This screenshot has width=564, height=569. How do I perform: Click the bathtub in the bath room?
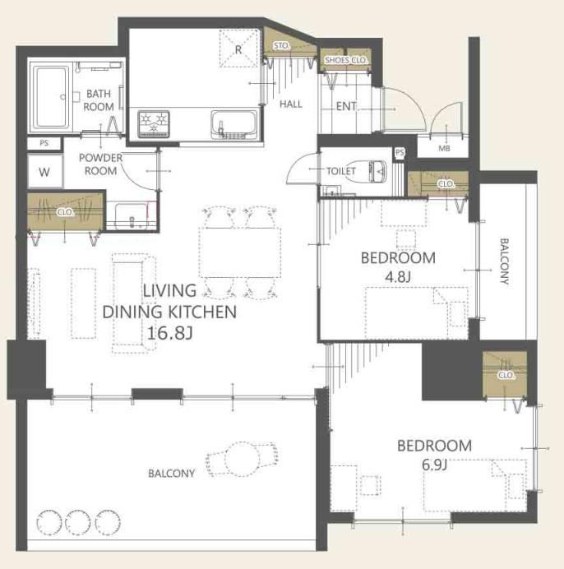51,96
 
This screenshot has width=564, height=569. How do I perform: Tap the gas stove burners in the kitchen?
154,124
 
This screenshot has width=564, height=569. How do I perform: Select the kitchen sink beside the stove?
234,124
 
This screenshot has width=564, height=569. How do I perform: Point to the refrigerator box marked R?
238,49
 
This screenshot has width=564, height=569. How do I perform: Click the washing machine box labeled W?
45,171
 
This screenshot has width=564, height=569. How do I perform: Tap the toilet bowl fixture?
378,171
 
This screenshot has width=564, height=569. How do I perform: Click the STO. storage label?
282,46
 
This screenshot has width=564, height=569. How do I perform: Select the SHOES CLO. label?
346,60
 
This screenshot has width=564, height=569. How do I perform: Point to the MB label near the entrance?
444,148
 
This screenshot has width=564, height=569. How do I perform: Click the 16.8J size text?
169,333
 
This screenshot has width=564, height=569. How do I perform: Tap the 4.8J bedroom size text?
398,277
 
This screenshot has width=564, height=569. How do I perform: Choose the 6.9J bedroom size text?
434,465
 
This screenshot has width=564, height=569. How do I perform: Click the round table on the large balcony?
242,459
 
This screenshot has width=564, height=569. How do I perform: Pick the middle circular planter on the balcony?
78,522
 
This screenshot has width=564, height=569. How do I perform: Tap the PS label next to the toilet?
400,152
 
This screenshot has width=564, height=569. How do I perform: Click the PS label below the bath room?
44,143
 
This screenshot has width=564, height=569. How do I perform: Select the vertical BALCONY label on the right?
504,261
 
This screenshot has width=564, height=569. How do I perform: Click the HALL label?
291,104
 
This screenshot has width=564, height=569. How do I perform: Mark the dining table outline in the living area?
240,252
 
